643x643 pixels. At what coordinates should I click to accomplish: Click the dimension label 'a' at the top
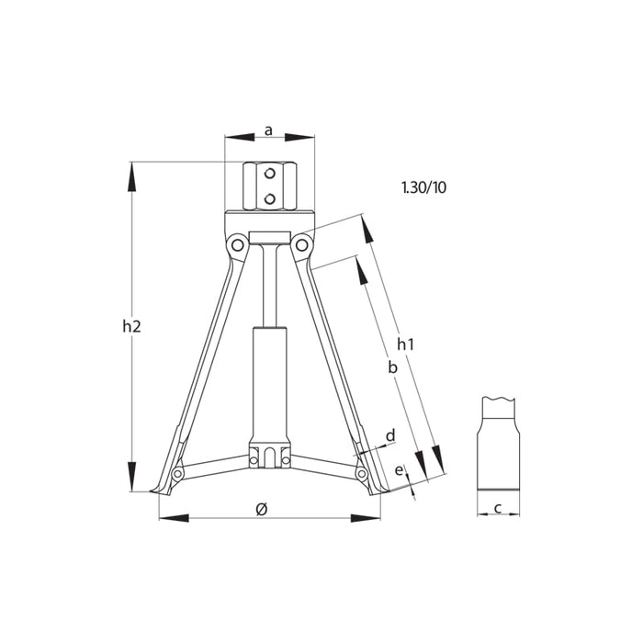click(x=268, y=130)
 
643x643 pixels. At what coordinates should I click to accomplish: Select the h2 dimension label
click(x=131, y=325)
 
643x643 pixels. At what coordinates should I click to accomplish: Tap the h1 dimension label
click(x=405, y=344)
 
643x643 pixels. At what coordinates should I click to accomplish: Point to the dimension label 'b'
click(x=391, y=367)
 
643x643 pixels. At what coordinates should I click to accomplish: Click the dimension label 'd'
click(x=389, y=434)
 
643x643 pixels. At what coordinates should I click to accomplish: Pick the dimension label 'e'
click(x=398, y=469)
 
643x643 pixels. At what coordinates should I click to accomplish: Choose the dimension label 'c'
click(x=497, y=507)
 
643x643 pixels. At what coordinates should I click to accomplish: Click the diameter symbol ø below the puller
click(x=262, y=508)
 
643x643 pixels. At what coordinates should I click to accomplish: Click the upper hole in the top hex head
click(x=268, y=174)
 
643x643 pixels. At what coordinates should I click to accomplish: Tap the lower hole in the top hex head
click(x=268, y=196)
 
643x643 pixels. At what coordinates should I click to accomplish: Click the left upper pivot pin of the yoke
click(x=237, y=244)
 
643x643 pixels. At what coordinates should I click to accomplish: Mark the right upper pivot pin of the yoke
click(x=300, y=244)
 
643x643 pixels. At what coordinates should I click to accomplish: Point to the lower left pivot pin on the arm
click(x=177, y=473)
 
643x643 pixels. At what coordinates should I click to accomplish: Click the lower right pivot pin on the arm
click(x=361, y=473)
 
